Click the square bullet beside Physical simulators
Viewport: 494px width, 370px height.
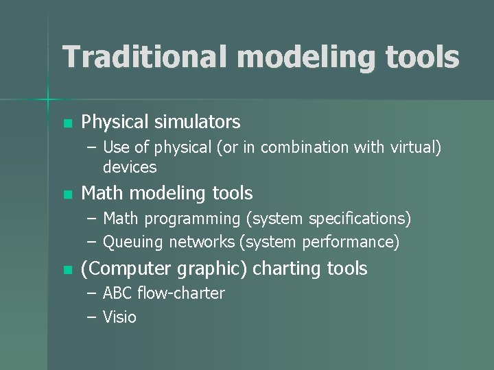pos(67,123)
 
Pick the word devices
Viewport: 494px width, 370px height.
pos(130,167)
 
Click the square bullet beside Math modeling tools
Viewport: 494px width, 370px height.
pos(67,195)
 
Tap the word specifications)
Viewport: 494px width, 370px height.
pos(360,219)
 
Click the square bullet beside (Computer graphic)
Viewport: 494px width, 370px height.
pos(67,270)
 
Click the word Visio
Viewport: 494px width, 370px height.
pos(119,317)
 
